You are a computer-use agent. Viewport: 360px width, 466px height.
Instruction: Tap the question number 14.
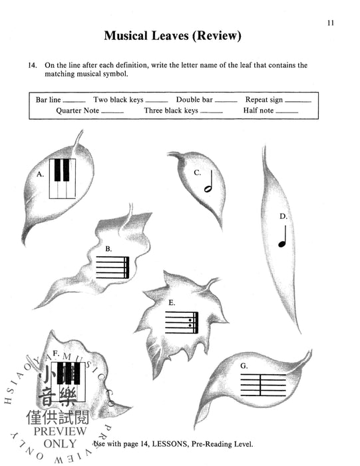coord(31,65)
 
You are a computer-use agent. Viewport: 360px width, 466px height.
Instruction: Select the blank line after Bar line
coord(75,101)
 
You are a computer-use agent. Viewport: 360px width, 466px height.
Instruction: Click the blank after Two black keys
coord(156,101)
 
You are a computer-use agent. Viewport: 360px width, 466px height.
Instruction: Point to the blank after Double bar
coord(226,101)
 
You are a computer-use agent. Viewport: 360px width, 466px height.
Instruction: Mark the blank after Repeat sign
coord(297,101)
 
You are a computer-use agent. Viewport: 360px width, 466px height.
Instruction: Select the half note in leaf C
coord(208,182)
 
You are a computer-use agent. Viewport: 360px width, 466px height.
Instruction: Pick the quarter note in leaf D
coord(282,236)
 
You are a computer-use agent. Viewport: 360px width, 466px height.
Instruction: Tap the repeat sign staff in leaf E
coord(182,322)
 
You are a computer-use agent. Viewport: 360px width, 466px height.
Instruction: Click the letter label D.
coord(283,216)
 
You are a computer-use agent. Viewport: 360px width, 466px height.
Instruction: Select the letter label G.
coord(244,366)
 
